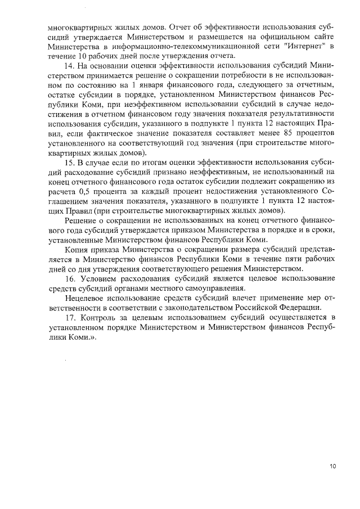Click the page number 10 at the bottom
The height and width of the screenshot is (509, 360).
[x=332, y=466]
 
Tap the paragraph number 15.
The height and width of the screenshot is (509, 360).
[x=70, y=162]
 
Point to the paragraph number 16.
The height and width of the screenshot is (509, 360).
[x=70, y=279]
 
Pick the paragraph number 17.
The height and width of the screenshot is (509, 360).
[x=70, y=318]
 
